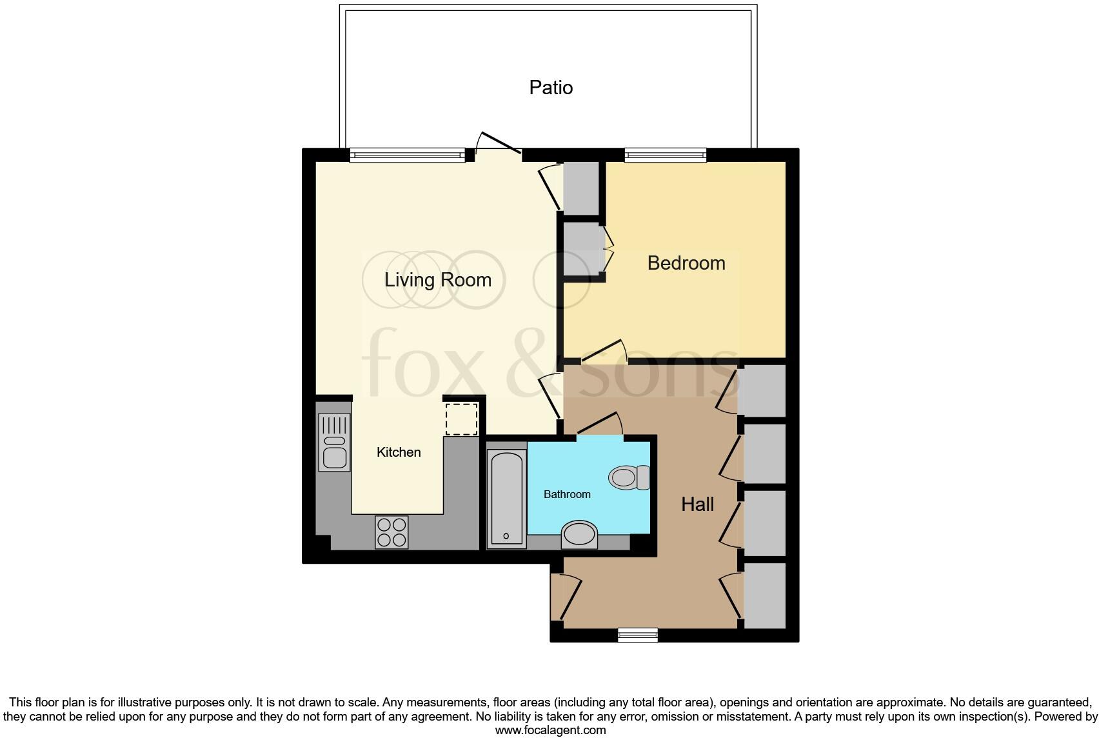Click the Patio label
(x=551, y=87)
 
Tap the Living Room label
(x=438, y=279)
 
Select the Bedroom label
(x=686, y=263)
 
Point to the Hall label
(x=697, y=504)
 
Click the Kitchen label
(x=399, y=452)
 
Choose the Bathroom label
(x=567, y=494)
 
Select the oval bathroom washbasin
(x=579, y=535)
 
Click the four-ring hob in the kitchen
(x=391, y=532)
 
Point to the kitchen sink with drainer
(x=334, y=442)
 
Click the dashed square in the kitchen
(x=462, y=419)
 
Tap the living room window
(x=407, y=155)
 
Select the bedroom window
(x=665, y=155)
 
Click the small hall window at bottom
(x=637, y=635)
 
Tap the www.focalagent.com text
(x=550, y=730)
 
